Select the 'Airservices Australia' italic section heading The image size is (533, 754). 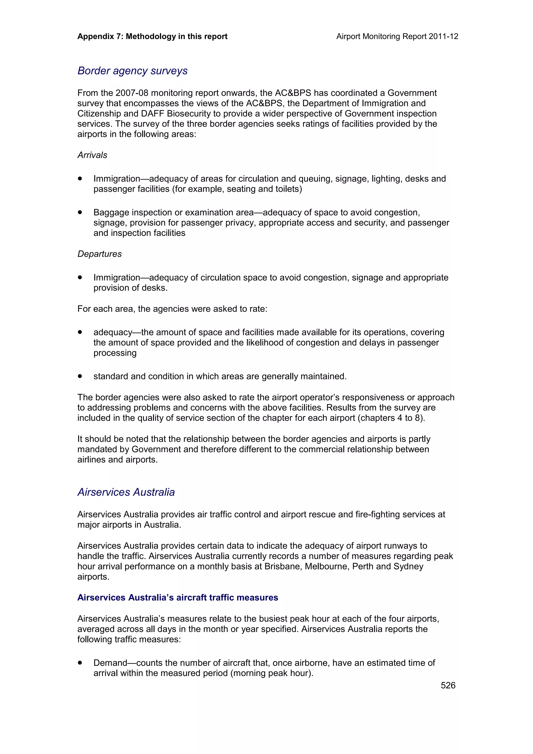pos(126,492)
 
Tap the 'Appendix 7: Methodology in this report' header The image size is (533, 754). pos(153,36)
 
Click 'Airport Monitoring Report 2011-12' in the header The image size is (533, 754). pos(397,36)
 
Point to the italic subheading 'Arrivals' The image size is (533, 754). pos(92,155)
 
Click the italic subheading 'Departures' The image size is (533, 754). pos(99,254)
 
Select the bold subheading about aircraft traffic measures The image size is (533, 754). pos(178,597)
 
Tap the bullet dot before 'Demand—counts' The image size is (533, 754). pos(80,663)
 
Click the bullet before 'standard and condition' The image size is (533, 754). pos(80,376)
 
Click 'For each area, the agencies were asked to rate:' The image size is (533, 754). pos(172,309)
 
